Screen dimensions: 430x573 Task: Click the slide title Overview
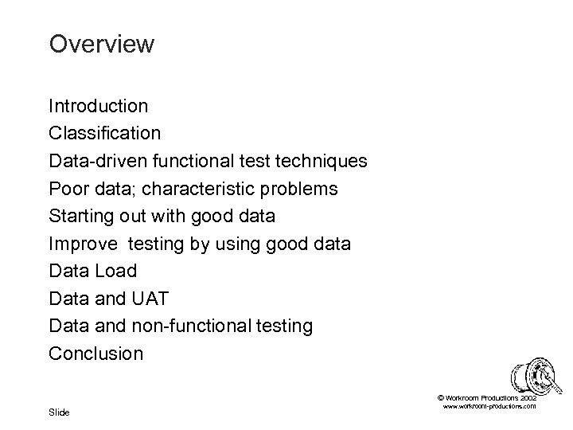click(x=101, y=44)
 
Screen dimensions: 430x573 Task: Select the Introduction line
click(x=98, y=105)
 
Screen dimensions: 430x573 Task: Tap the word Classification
click(x=104, y=132)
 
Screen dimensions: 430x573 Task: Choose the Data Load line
click(x=92, y=271)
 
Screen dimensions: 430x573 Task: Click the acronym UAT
click(x=154, y=299)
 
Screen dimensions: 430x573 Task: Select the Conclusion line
click(x=96, y=354)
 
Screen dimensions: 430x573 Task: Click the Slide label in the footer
click(x=59, y=412)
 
